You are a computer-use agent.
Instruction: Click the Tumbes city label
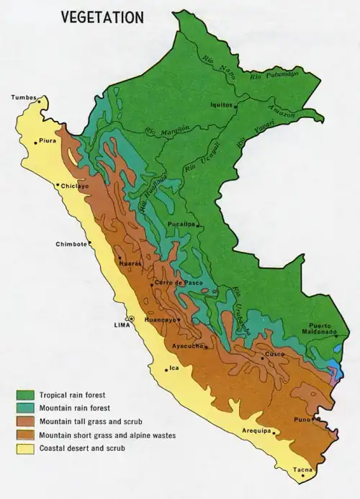tap(23, 97)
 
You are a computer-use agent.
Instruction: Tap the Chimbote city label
tap(71, 244)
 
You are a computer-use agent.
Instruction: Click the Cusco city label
tap(275, 354)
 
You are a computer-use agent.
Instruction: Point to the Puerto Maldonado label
tap(319, 328)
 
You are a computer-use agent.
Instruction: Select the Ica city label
tap(174, 369)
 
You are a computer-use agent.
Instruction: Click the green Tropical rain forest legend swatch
tap(26, 395)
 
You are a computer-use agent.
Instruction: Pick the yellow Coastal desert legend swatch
tap(26, 449)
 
